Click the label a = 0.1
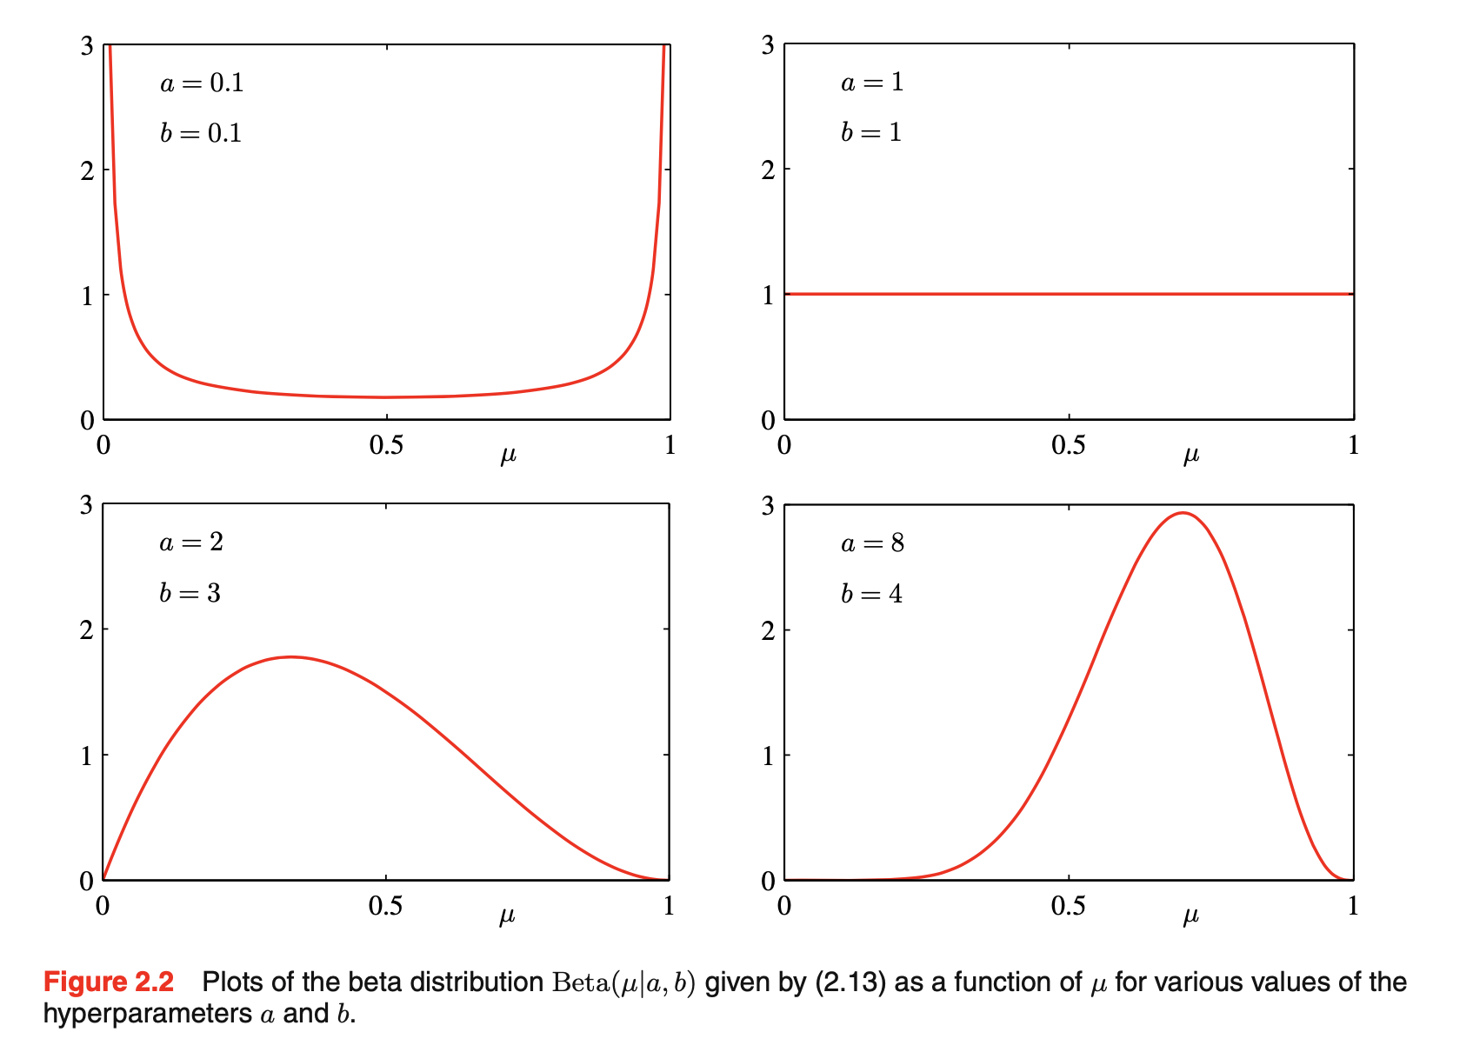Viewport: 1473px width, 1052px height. [202, 83]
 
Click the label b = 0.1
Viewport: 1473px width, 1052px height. [201, 133]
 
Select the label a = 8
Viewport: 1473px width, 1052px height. [872, 544]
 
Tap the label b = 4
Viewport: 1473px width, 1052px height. [871, 594]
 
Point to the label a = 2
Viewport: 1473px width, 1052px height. [191, 543]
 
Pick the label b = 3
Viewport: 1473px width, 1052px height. [190, 593]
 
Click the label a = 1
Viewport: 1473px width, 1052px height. [872, 83]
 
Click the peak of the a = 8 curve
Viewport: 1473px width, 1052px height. [1183, 513]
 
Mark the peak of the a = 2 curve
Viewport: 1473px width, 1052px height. [291, 657]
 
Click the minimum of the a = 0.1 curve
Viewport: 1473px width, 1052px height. [386, 397]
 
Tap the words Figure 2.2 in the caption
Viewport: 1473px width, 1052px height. [109, 982]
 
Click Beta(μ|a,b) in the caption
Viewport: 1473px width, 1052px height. [623, 982]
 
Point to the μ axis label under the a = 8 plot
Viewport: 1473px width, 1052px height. [1190, 916]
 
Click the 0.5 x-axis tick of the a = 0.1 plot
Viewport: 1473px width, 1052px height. [386, 445]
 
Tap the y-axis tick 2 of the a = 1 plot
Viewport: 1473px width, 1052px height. [768, 170]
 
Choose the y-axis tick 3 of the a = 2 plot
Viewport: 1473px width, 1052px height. [86, 505]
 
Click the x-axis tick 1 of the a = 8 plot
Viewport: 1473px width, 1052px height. [1352, 906]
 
